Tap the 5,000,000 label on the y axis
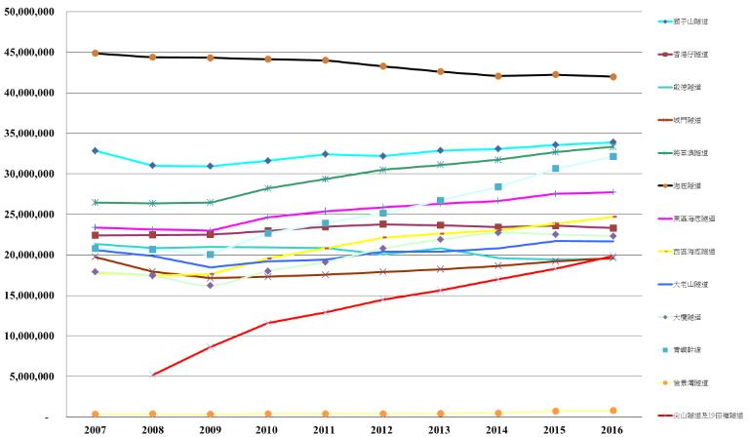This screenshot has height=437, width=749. point(35,377)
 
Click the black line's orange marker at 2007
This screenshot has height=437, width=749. point(95,53)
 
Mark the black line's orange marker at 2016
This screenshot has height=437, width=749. point(613,76)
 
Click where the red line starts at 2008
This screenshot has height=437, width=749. point(152,376)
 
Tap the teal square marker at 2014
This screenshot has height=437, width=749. point(498,186)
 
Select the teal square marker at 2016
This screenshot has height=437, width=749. point(613,156)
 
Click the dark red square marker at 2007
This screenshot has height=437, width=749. point(95,235)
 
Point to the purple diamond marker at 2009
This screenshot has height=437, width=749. point(210,285)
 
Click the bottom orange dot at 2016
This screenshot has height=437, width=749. point(613,411)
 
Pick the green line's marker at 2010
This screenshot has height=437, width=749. point(268,188)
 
